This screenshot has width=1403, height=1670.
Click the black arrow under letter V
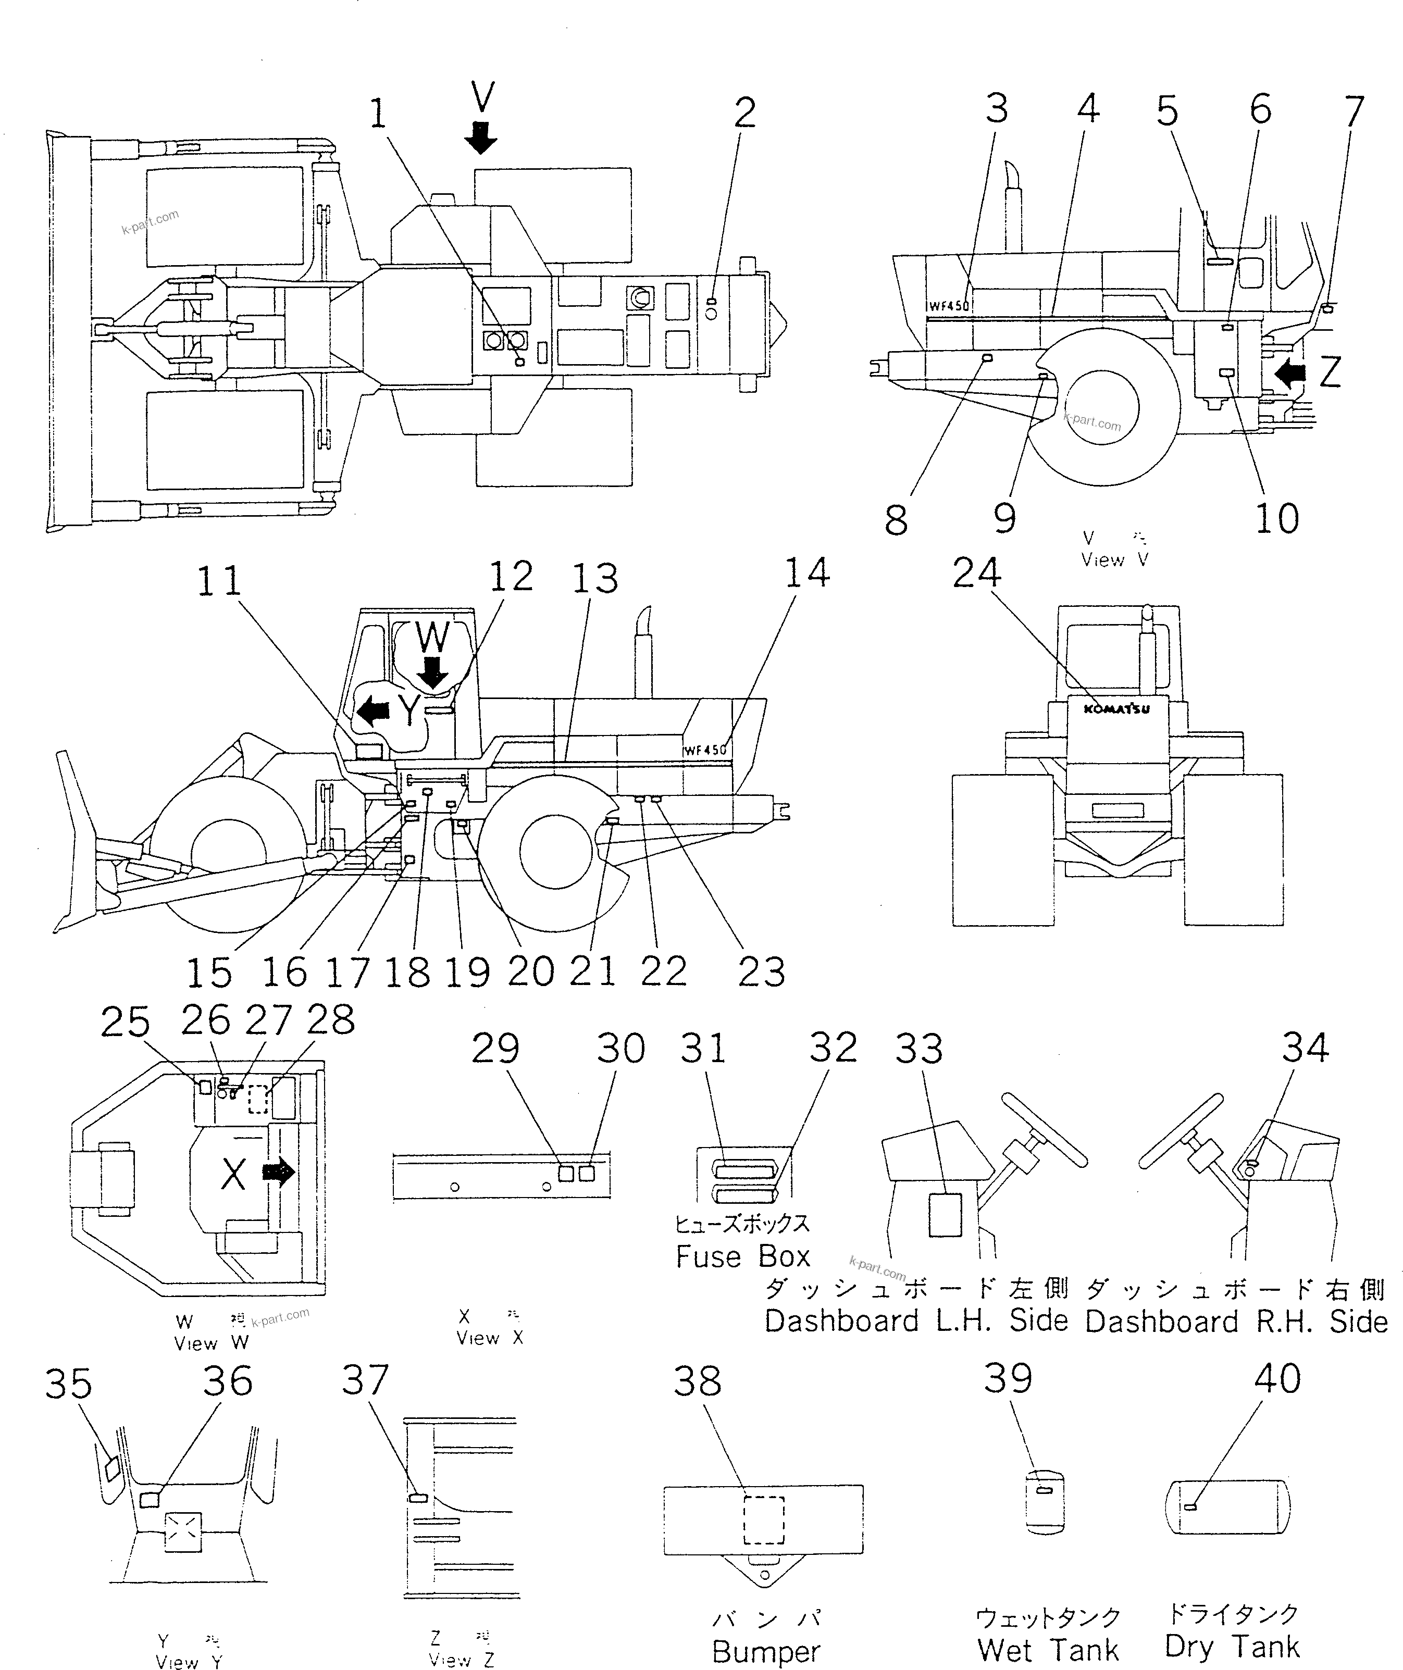click(x=481, y=138)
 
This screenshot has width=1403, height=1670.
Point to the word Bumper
click(x=765, y=1651)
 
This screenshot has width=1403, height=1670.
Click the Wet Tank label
click(x=1048, y=1649)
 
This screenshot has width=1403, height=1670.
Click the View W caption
click(x=212, y=1343)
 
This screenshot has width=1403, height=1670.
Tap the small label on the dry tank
click(x=1190, y=1507)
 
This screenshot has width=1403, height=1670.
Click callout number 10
click(x=1276, y=518)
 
